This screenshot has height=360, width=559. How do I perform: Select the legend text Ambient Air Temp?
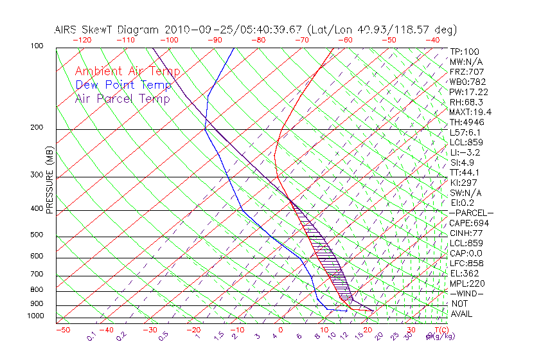pyautogui.click(x=127, y=71)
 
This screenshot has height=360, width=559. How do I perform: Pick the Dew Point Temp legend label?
pyautogui.click(x=123, y=85)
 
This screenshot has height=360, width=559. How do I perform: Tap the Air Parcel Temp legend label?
pyautogui.click(x=122, y=98)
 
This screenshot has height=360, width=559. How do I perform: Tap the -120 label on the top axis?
pyautogui.click(x=81, y=39)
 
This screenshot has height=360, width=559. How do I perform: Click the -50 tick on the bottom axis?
pyautogui.click(x=62, y=330)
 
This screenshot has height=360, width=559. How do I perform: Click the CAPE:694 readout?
pyautogui.click(x=466, y=223)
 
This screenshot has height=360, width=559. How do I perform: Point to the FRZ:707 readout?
pyautogui.click(x=466, y=71)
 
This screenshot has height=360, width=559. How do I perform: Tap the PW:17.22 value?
pyautogui.click(x=469, y=92)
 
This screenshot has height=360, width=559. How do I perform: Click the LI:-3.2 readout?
pyautogui.click(x=465, y=152)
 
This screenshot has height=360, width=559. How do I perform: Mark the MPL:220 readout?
pyautogui.click(x=466, y=283)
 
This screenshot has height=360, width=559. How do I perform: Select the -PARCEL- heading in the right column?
pyautogui.click(x=471, y=213)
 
